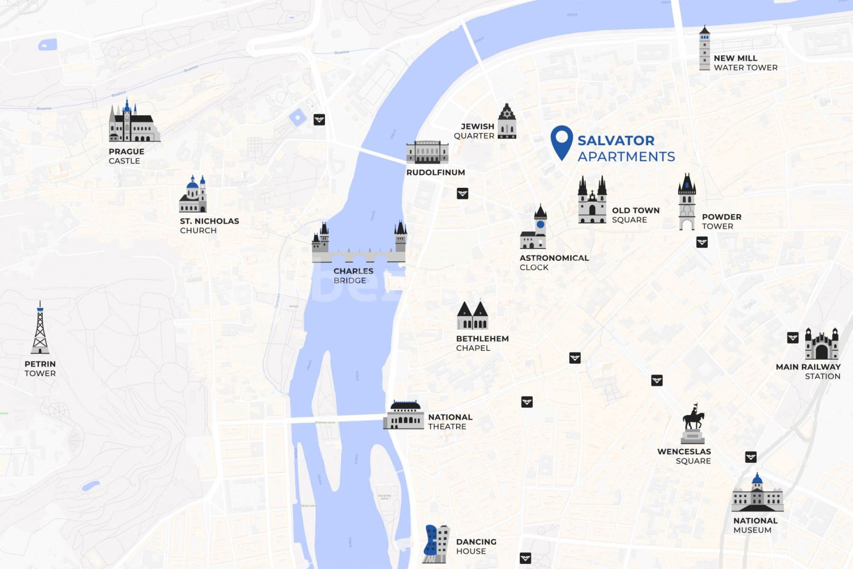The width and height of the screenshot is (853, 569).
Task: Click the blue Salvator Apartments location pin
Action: [x=562, y=140]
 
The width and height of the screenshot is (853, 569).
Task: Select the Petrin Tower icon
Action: [x=40, y=329]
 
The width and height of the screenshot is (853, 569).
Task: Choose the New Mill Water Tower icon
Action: [x=705, y=48]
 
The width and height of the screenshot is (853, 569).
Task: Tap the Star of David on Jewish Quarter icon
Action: [x=507, y=113]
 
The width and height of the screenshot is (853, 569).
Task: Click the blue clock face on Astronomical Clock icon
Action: [x=540, y=224]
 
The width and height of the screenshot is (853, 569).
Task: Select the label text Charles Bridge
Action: [x=353, y=275]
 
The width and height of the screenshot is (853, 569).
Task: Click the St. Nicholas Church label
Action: [x=209, y=226]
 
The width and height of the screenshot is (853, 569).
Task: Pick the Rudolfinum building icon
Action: [x=427, y=152]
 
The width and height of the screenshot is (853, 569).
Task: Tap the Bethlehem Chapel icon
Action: [x=472, y=316]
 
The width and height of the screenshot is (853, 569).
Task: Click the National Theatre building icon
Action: [x=404, y=416]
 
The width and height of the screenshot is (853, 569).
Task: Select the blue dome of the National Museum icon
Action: [x=757, y=479]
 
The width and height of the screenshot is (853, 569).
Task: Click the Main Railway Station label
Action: [x=808, y=371]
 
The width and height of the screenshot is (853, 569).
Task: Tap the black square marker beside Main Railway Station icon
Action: [x=792, y=338]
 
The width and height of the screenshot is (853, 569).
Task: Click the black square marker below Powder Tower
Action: [x=702, y=242]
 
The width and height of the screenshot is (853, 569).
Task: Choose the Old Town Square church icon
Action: [x=592, y=201]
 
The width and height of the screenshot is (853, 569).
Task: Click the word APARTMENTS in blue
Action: [x=626, y=156]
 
